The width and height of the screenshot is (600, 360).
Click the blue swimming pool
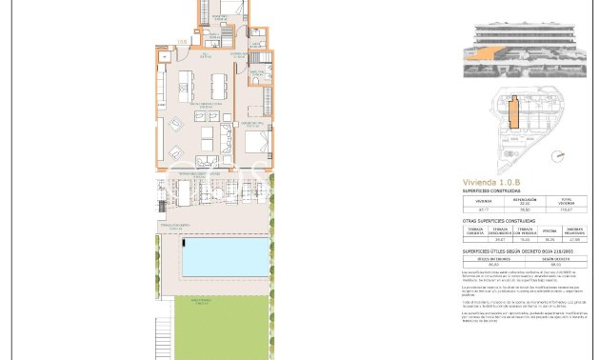pyautogui.click(x=225, y=258)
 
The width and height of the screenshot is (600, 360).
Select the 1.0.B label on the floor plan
pyautogui.click(x=181, y=41)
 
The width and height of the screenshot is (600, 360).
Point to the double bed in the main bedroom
pyautogui.click(x=254, y=143)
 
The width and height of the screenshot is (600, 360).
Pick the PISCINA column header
pyautogui.click(x=550, y=230)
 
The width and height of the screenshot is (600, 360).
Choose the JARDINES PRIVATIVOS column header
pyautogui.click(x=574, y=230)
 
